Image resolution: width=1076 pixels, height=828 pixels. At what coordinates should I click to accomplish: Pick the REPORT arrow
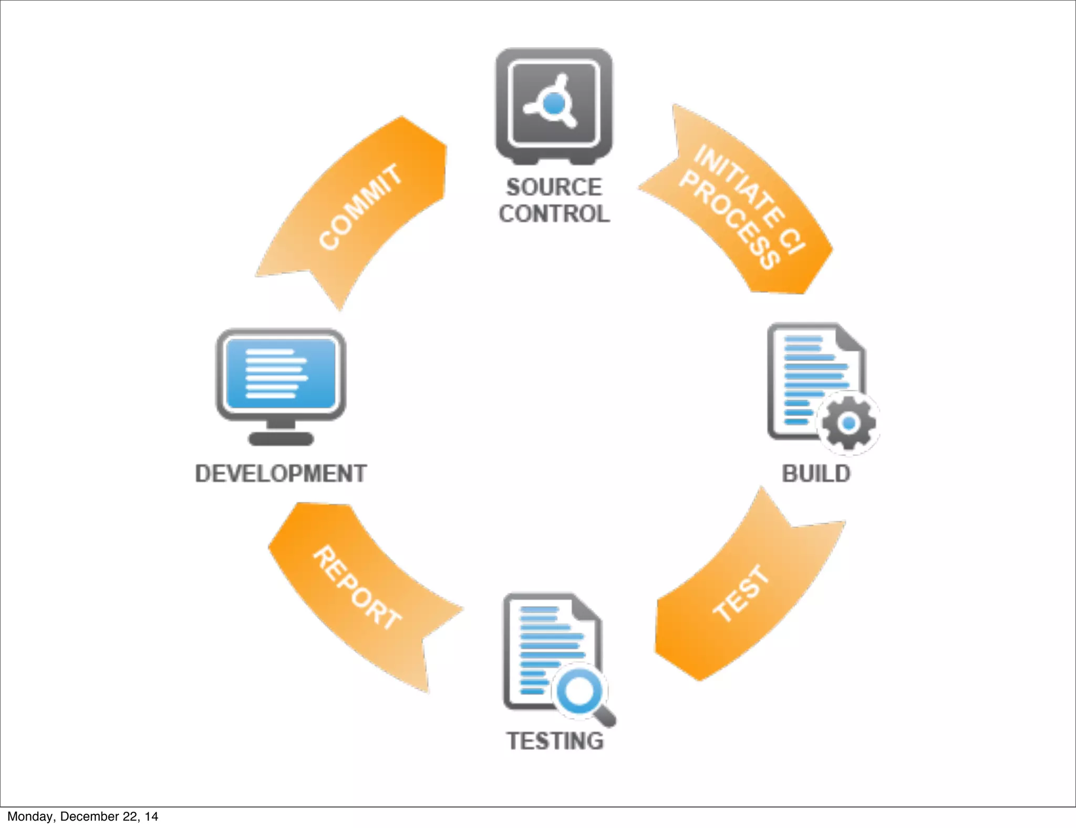[x=357, y=588]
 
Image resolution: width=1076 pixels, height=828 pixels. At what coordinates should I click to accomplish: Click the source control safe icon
[x=554, y=105]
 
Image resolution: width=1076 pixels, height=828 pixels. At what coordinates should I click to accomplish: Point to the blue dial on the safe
[x=554, y=103]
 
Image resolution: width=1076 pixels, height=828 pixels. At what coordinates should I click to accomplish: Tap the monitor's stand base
[x=281, y=439]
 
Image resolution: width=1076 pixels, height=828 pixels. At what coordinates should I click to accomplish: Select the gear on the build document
[x=849, y=423]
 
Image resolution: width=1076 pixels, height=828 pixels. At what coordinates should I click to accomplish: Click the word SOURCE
[x=554, y=187]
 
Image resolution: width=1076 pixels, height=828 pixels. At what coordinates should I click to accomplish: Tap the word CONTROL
[x=554, y=214]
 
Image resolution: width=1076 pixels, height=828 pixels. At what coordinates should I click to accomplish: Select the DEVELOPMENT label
[x=281, y=473]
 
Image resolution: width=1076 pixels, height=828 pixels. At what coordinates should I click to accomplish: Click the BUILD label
[x=816, y=473]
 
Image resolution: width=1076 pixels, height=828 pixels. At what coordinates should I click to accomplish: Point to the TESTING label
[x=555, y=741]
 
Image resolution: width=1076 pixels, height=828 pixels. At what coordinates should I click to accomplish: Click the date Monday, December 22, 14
[x=82, y=816]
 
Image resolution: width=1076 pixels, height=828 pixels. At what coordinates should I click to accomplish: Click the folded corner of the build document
[x=850, y=339]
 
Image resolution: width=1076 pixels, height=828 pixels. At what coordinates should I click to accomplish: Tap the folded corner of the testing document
[x=586, y=608]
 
